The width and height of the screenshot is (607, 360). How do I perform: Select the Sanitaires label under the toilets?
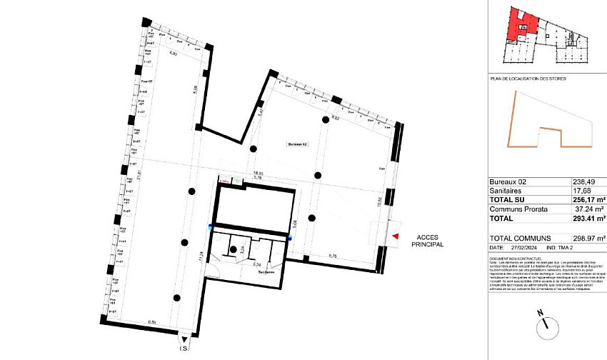coord(266,272)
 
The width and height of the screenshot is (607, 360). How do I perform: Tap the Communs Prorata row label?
coord(518,209)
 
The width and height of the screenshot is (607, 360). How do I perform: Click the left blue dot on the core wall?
coord(210,227)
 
